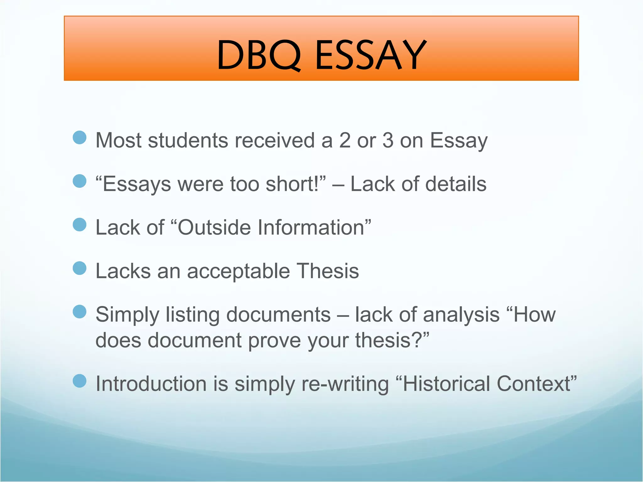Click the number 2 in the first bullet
click(x=345, y=140)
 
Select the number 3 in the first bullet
click(x=388, y=140)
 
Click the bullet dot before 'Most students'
click(x=79, y=138)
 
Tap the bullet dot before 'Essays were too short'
click(x=79, y=181)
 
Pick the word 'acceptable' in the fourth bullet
click(x=238, y=271)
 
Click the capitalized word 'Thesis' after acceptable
click(x=328, y=271)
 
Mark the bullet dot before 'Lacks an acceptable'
click(x=79, y=268)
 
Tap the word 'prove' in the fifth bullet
click(x=274, y=341)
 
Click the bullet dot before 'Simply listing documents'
click(x=79, y=312)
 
